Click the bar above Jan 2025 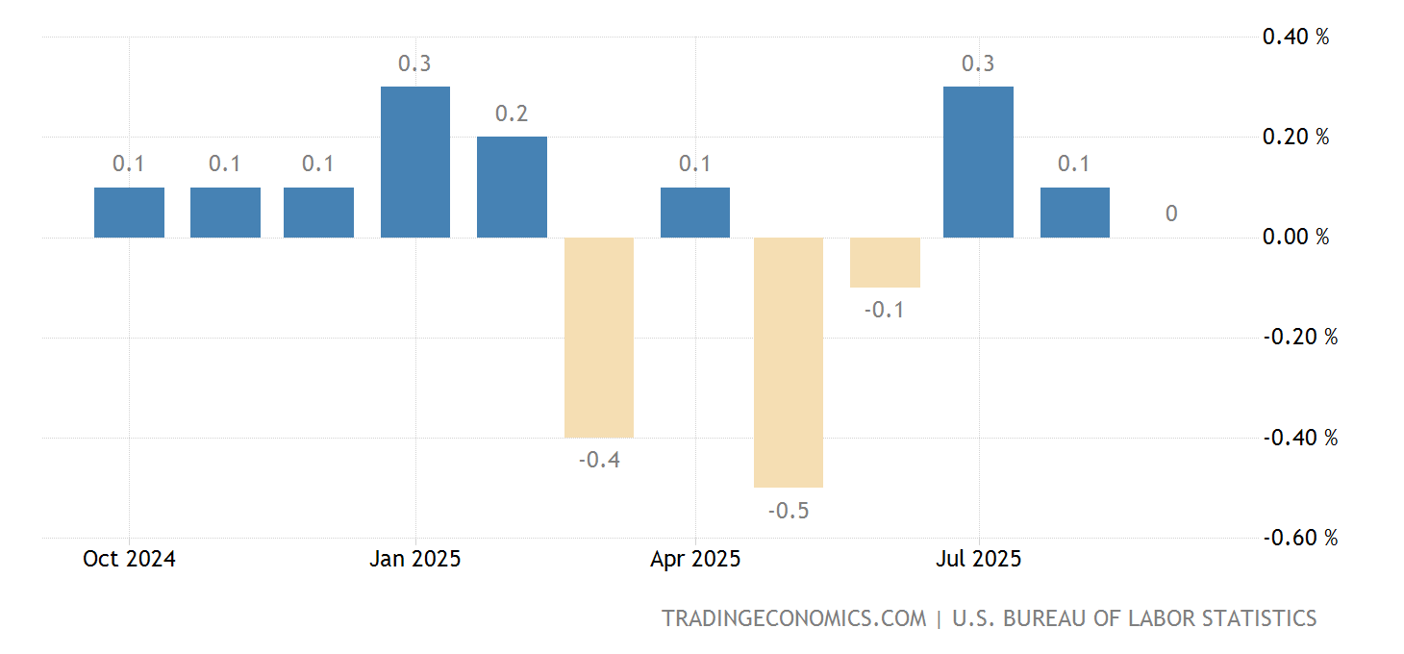[415, 162]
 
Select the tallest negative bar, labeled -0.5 [789, 362]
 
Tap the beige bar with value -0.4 [599, 337]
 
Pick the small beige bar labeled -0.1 [885, 262]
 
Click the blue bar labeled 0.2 [512, 187]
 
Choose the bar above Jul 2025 [978, 162]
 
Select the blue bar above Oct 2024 [129, 212]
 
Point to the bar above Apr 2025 [694, 212]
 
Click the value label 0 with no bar [1170, 214]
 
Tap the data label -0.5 [789, 511]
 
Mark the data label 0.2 [512, 113]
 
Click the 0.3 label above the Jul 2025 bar [978, 63]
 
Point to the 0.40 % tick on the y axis [1295, 38]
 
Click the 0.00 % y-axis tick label [1295, 237]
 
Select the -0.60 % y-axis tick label [1298, 538]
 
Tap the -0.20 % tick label [1298, 338]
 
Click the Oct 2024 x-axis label [129, 559]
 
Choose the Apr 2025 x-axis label [694, 559]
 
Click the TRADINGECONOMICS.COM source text [793, 618]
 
